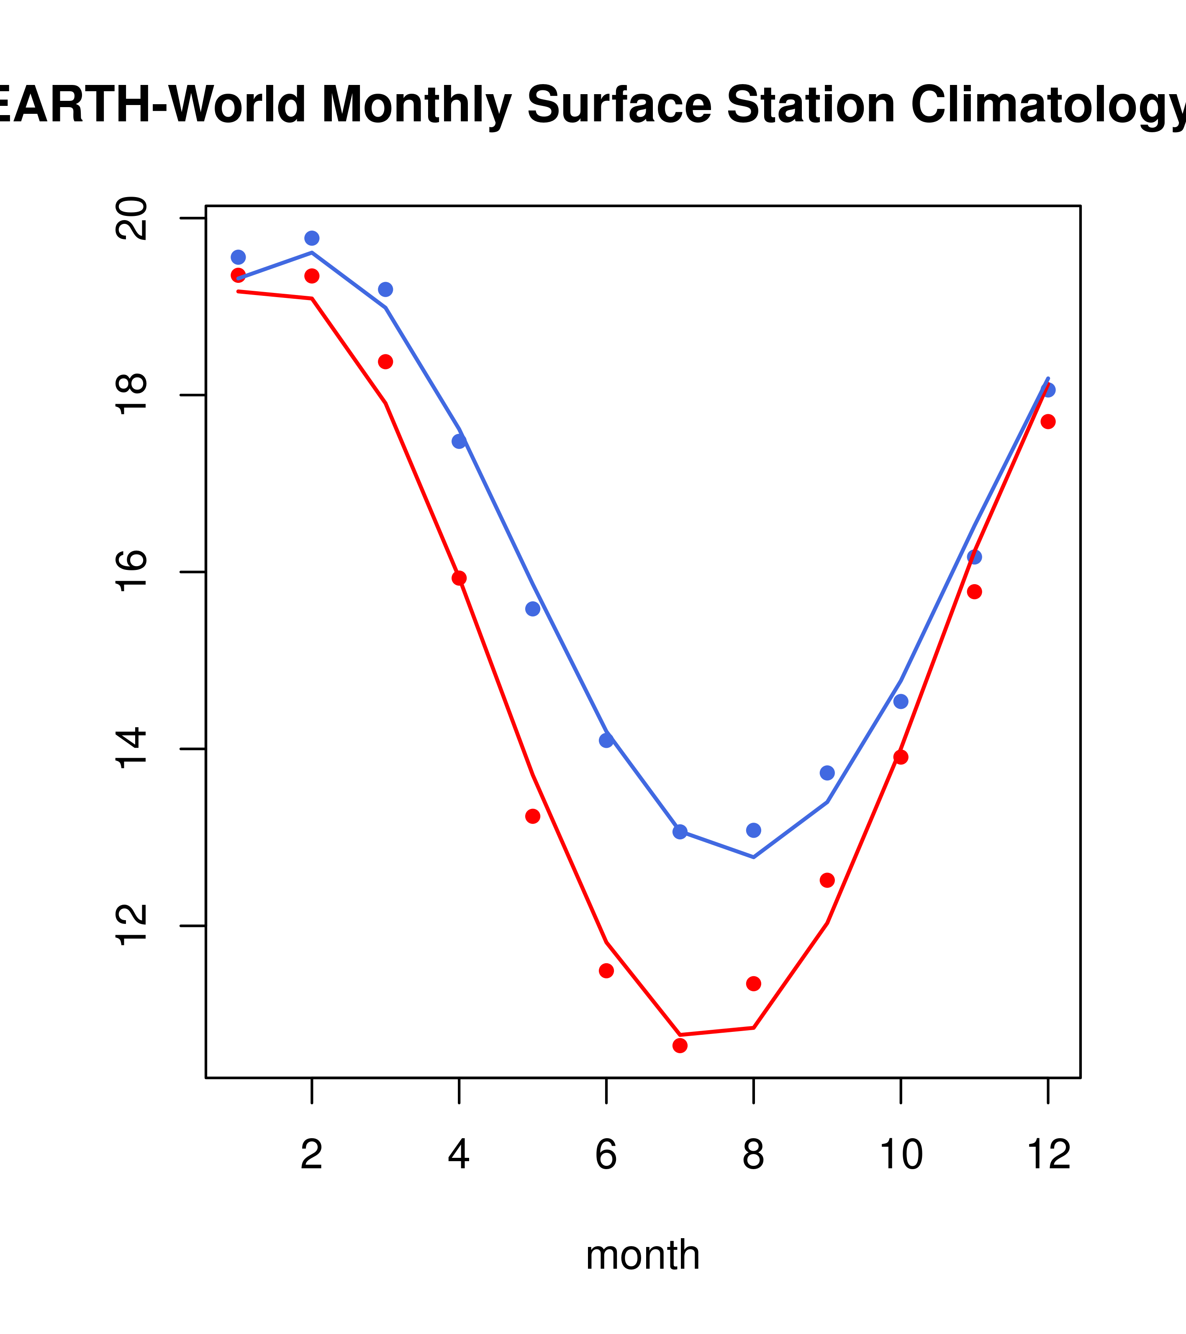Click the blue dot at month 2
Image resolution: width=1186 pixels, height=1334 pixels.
pyautogui.click(x=312, y=238)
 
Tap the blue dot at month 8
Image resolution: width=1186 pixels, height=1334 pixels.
pyautogui.click(x=754, y=830)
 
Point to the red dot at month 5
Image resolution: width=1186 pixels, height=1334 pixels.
pyautogui.click(x=533, y=816)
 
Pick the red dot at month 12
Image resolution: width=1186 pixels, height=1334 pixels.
pyautogui.click(x=1048, y=422)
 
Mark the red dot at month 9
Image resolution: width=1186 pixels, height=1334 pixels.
pyautogui.click(x=828, y=880)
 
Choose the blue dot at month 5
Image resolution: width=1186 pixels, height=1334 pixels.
pyautogui.click(x=533, y=609)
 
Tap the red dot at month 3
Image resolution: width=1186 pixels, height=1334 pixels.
pyautogui.click(x=386, y=362)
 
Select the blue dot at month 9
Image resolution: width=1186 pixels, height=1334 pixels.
pyautogui.click(x=828, y=773)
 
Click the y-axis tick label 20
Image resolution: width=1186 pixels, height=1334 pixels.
pyautogui.click(x=133, y=218)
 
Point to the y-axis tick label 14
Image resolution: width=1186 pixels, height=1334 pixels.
pyautogui.click(x=133, y=749)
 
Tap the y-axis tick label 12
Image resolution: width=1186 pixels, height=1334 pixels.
pyautogui.click(x=133, y=926)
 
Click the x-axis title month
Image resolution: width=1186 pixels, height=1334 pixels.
pyautogui.click(x=643, y=1254)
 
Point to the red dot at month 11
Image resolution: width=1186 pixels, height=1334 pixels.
pyautogui.click(x=975, y=592)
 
